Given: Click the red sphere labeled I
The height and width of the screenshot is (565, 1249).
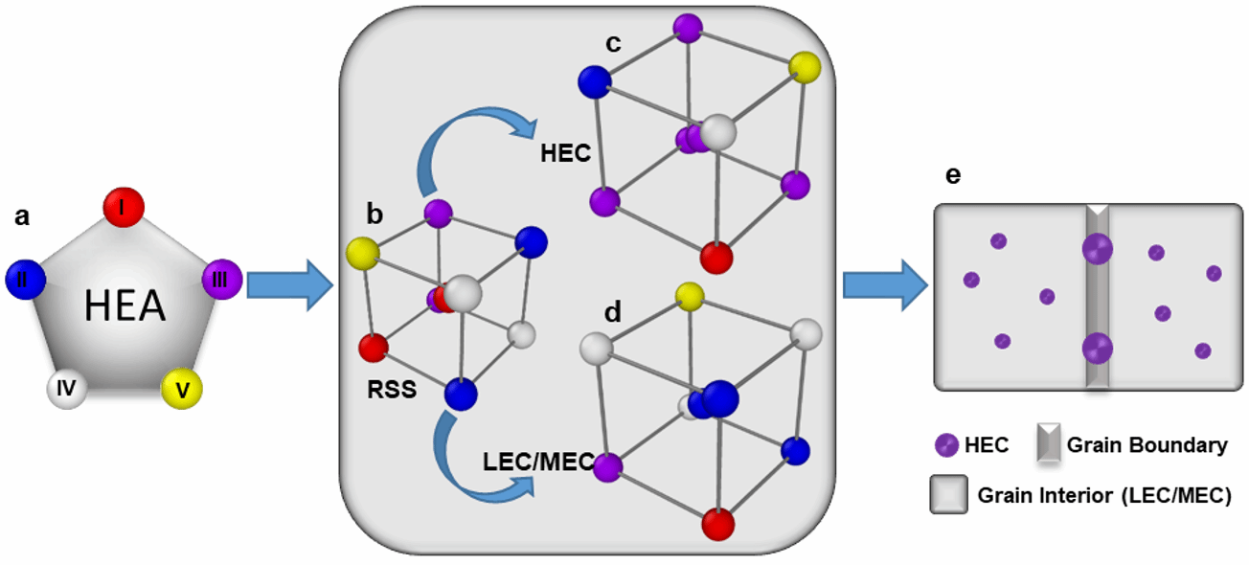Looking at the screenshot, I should (x=125, y=208).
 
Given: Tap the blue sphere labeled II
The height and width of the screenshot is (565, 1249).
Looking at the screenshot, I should (x=24, y=279).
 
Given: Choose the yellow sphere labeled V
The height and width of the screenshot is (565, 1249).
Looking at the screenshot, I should (x=181, y=388).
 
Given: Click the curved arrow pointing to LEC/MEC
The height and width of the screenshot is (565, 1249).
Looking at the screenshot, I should (x=469, y=464).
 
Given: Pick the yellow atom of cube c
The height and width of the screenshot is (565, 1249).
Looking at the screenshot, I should (x=805, y=68).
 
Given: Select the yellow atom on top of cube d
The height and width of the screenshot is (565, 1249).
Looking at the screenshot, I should (x=686, y=292).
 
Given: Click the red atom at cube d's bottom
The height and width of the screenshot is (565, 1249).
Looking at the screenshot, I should (x=717, y=525).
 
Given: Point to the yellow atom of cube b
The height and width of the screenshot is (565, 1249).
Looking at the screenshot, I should (x=363, y=254).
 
